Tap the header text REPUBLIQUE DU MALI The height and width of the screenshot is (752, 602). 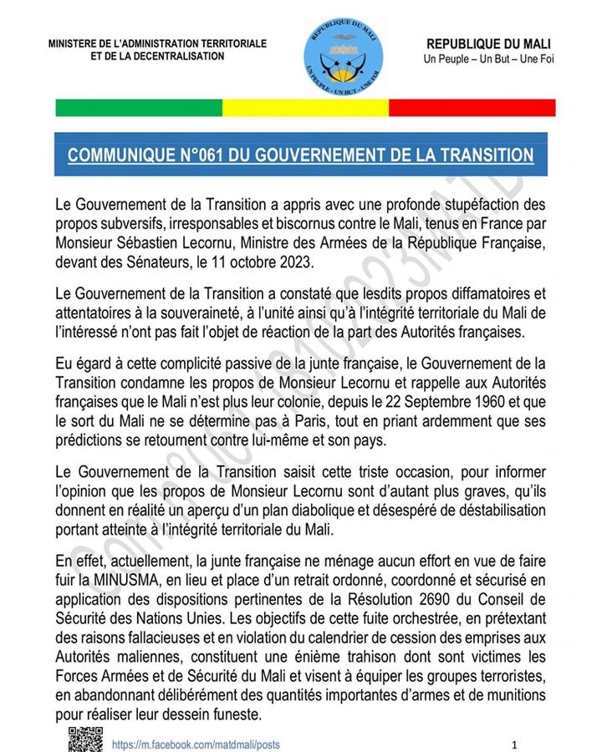[x=488, y=43]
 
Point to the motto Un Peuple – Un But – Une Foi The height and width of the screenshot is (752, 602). [x=488, y=59]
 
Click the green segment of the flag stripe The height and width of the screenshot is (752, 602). [x=138, y=108]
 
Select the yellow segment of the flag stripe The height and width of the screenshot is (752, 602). [x=305, y=108]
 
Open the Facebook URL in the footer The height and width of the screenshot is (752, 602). [x=196, y=744]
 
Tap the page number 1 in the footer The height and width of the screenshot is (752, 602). [x=515, y=744]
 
